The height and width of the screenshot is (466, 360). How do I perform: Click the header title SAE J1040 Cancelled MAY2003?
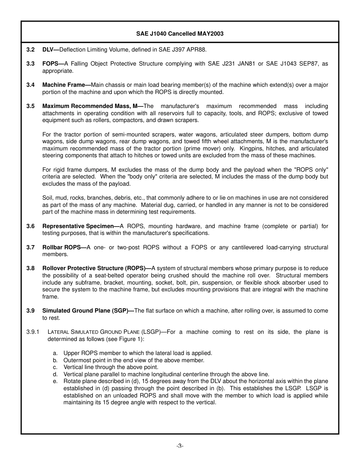[x=180, y=34]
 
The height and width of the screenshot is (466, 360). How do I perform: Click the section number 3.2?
[x=31, y=50]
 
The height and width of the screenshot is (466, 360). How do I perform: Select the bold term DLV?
[x=49, y=50]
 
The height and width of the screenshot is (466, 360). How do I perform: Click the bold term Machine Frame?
[x=64, y=85]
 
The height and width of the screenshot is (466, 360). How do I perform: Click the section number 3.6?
[x=31, y=226]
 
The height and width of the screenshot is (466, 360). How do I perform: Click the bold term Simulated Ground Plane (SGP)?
[x=86, y=311]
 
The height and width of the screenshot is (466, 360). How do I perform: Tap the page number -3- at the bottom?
[x=180, y=446]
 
